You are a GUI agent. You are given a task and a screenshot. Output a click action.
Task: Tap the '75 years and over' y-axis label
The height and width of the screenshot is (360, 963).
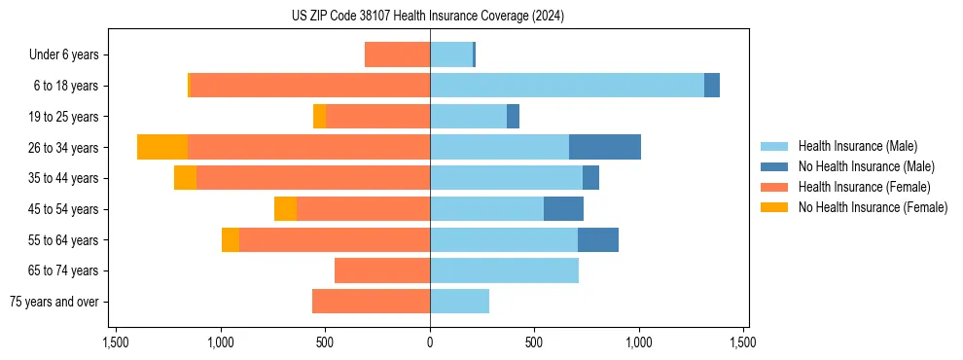tap(54, 302)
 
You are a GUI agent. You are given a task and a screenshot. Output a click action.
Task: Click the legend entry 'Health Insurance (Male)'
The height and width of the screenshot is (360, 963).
tap(857, 146)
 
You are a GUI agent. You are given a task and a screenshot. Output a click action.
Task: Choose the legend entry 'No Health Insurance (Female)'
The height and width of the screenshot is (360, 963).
tap(873, 207)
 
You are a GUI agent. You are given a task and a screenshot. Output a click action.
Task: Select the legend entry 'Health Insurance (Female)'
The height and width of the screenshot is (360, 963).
tap(864, 187)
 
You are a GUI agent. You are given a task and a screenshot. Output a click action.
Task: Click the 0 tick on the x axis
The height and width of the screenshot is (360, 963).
tap(430, 342)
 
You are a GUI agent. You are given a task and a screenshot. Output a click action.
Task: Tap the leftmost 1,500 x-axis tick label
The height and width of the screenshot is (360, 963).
tap(116, 342)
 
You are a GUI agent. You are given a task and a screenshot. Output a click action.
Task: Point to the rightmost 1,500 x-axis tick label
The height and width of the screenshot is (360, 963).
tap(743, 342)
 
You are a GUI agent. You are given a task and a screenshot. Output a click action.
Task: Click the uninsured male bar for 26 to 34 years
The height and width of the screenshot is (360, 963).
tap(604, 147)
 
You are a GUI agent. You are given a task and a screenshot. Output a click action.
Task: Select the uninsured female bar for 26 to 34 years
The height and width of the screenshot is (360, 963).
tap(162, 147)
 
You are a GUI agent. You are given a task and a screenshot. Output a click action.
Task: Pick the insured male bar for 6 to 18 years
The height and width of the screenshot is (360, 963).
tap(566, 86)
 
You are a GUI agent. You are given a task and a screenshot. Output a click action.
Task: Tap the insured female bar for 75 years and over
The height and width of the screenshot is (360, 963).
tap(371, 302)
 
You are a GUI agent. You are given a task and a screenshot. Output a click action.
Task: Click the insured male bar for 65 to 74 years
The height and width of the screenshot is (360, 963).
tap(504, 270)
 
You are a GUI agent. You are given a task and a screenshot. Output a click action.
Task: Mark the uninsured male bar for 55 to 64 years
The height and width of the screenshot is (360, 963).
tap(597, 239)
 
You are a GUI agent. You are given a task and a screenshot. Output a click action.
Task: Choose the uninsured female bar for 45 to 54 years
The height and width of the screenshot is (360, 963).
tap(285, 209)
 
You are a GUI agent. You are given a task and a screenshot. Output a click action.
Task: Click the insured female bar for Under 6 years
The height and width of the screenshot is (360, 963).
tap(397, 54)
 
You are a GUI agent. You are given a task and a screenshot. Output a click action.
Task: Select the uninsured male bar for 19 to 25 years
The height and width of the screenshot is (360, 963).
tap(513, 117)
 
